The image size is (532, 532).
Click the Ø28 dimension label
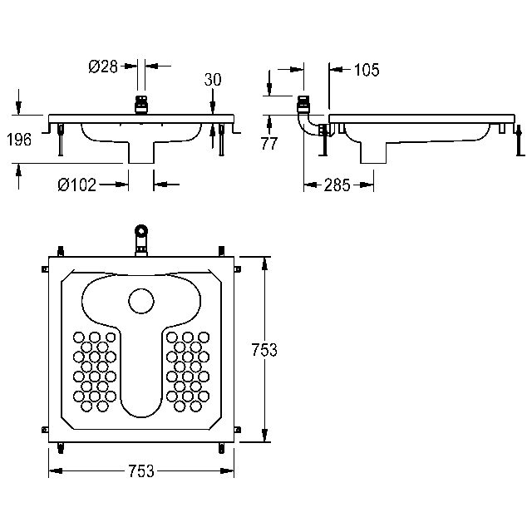point(103,66)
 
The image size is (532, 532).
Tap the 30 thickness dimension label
point(213,80)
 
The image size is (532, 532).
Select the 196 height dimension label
point(19,140)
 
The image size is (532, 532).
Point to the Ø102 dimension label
point(77,185)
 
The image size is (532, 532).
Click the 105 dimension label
point(367,70)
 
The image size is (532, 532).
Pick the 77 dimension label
point(269,143)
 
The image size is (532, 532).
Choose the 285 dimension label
point(337,185)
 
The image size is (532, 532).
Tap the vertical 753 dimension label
point(264,349)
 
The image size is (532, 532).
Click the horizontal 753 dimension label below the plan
point(141,471)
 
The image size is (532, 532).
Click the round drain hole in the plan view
point(141,301)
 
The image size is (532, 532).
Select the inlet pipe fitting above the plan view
point(141,239)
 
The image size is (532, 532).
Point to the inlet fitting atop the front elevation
point(141,105)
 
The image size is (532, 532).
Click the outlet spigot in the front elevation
point(141,152)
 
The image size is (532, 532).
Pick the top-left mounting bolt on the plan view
point(61,251)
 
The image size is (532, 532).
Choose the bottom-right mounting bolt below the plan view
point(222,448)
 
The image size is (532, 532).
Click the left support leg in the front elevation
point(61,140)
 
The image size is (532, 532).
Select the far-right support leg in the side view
point(520,140)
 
